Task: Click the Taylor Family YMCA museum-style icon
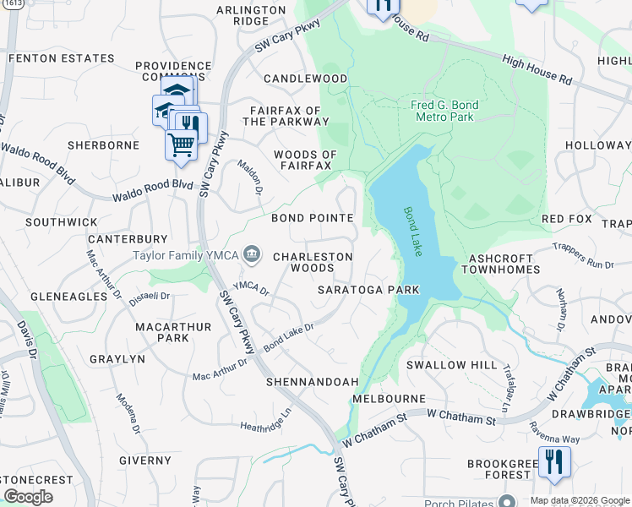(x=251, y=253)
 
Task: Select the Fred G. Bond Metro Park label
(x=444, y=111)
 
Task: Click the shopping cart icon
(x=181, y=145)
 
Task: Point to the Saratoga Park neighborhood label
(x=368, y=289)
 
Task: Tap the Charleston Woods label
(x=313, y=262)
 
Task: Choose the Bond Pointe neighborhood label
(x=312, y=218)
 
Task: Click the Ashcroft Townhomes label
(x=499, y=263)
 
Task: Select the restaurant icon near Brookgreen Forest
(x=554, y=462)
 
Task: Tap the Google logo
(x=28, y=496)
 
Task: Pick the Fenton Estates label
(x=62, y=58)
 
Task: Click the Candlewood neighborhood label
(x=305, y=79)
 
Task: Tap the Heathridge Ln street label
(x=265, y=418)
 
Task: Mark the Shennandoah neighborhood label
(x=312, y=382)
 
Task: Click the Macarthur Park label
(x=161, y=332)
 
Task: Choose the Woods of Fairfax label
(x=305, y=160)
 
